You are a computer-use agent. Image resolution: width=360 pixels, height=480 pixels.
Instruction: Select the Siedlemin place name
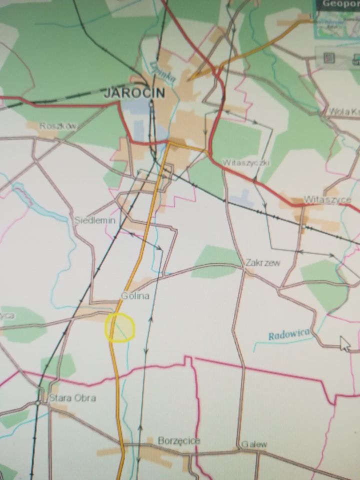94,220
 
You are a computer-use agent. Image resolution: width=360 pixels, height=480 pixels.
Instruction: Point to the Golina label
135,296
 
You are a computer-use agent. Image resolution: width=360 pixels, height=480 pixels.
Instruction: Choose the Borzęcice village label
179,440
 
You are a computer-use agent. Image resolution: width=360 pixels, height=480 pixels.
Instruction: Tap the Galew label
254,444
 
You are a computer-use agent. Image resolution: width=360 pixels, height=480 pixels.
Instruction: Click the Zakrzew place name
262,262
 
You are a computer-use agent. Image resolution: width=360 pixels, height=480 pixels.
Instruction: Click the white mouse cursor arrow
344,343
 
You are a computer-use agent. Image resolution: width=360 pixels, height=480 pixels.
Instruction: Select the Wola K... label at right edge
343,111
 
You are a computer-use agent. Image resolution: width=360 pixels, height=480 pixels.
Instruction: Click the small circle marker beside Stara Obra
38,402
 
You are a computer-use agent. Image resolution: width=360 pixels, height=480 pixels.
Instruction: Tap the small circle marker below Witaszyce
303,227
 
